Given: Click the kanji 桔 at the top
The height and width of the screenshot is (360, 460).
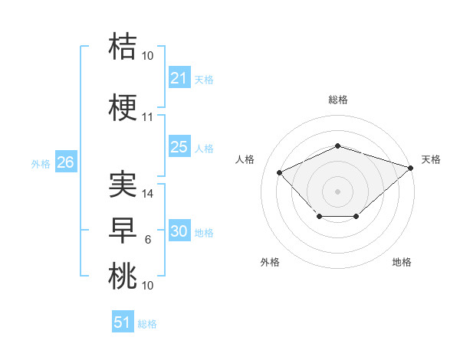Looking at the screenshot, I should tap(123, 46).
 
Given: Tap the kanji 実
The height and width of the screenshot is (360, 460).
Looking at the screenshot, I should tap(123, 185).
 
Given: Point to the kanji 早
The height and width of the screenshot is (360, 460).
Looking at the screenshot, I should tap(123, 231).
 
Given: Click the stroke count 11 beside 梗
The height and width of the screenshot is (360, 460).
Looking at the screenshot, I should tap(147, 117).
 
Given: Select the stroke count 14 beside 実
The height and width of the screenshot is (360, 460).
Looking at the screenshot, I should tap(148, 194).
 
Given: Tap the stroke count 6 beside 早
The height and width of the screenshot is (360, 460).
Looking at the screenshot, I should tap(148, 240).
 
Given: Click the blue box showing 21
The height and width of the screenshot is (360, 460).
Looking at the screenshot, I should tap(179, 78).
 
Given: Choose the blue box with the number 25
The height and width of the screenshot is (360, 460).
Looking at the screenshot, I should tap(179, 147).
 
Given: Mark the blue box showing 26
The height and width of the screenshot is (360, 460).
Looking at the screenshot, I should tap(65, 162).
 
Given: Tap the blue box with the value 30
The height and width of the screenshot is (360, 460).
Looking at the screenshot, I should tap(179, 231).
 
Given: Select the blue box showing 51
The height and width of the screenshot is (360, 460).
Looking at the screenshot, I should tap(122, 322).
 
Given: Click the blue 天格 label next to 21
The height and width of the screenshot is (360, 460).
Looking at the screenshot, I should tap(204, 79).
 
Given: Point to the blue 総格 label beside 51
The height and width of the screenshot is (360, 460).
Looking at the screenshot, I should tap(147, 324).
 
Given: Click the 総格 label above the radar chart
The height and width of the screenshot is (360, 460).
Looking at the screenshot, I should tap(337, 100).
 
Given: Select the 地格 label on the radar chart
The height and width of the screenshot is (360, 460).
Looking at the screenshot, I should tap(402, 262).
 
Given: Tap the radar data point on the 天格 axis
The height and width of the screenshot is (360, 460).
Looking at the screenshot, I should tap(412, 167).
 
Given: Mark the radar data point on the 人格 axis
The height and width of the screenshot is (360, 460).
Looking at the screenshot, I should tap(279, 172).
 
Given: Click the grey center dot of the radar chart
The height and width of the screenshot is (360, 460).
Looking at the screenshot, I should tap(337, 191).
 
